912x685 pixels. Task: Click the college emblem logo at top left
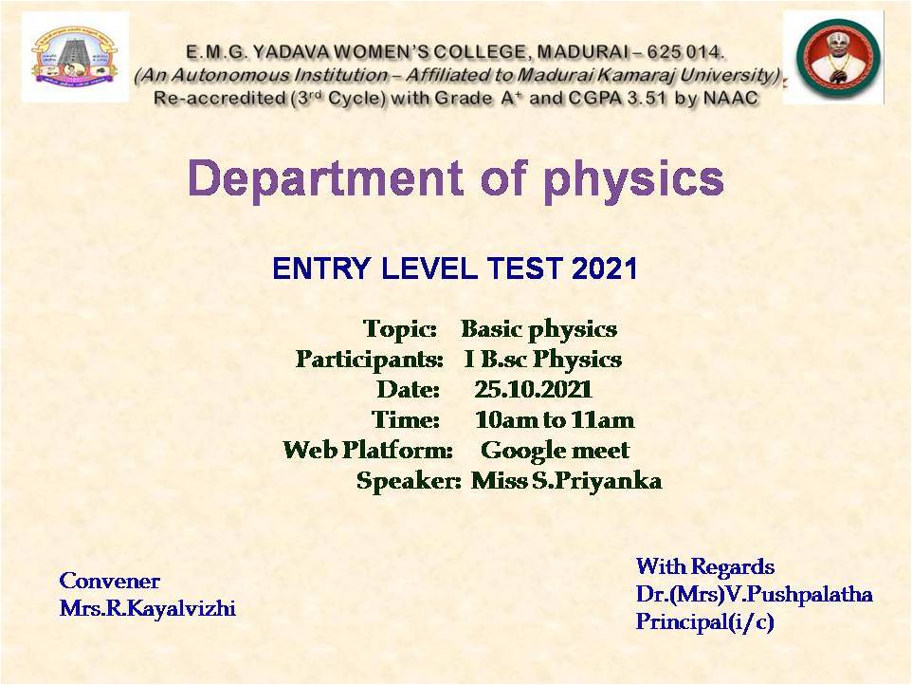75,57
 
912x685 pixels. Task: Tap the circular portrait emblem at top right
837,58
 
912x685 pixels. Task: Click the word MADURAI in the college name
588,52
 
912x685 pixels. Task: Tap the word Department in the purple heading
326,179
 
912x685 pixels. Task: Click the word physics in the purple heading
633,180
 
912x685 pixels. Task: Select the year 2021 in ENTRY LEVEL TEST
605,268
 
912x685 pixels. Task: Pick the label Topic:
399,329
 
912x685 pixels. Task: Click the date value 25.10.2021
533,389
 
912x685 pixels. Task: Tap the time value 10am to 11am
555,419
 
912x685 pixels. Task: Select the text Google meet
555,450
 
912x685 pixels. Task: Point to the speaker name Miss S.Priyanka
566,481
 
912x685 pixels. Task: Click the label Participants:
370,359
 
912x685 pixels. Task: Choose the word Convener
109,581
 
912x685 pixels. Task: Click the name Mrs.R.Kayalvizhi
148,608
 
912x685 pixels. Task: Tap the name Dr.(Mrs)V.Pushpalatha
755,594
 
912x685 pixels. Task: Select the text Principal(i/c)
705,621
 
